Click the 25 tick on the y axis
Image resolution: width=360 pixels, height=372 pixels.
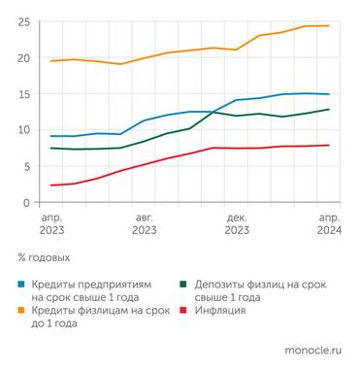[21, 21]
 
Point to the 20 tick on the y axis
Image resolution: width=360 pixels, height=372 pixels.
[21, 57]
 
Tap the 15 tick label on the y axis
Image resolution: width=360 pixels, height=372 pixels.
[21, 94]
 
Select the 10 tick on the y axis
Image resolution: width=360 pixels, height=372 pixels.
[21, 130]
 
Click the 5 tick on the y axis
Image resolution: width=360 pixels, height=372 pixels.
[24, 166]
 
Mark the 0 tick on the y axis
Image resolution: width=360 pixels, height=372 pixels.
[24, 202]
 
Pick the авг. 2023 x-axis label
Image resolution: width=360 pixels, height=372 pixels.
[144, 224]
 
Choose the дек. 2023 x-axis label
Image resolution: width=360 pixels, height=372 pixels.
[237, 224]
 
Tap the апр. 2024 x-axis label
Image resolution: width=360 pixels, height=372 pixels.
[329, 224]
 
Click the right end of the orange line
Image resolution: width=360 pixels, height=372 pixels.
[329, 25]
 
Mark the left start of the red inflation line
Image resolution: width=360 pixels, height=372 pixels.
[50, 186]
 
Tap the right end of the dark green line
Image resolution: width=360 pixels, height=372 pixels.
[329, 109]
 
